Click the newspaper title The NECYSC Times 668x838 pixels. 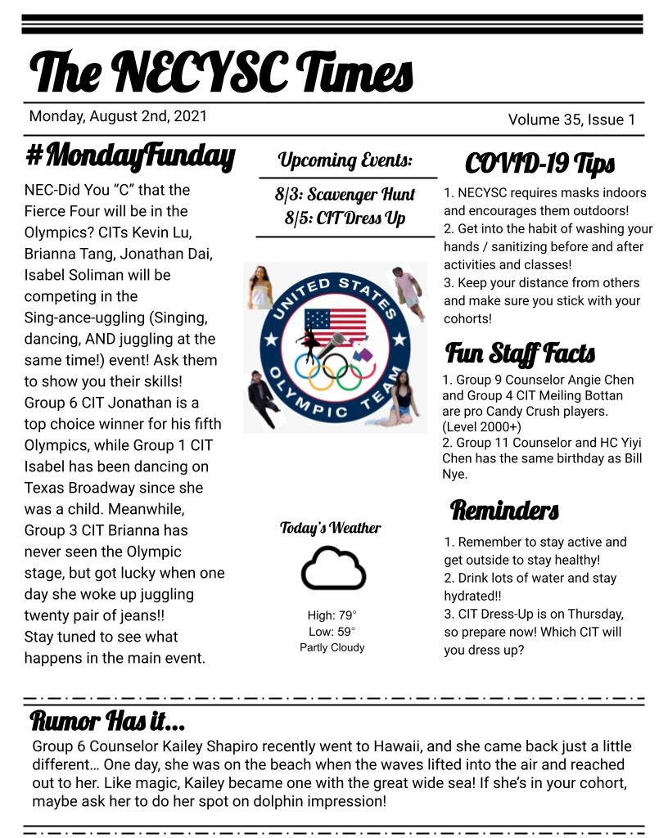tap(221, 71)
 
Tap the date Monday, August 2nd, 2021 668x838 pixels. tap(118, 116)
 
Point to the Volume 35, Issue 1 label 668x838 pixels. tap(571, 119)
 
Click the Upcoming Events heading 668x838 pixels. tap(345, 160)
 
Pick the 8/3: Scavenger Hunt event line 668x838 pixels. tap(345, 195)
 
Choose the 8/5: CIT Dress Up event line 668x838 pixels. tap(345, 219)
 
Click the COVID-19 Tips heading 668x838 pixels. tap(539, 164)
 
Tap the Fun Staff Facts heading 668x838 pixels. tap(520, 354)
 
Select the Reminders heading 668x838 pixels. tap(504, 511)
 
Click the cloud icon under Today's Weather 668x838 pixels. tap(332, 569)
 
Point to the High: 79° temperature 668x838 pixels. tap(332, 615)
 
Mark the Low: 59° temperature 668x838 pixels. tap(332, 631)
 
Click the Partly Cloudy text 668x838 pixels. tap(332, 647)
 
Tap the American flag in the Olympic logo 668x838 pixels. tap(335, 325)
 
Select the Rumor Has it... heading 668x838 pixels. tap(107, 722)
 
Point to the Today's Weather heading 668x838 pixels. tap(331, 528)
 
